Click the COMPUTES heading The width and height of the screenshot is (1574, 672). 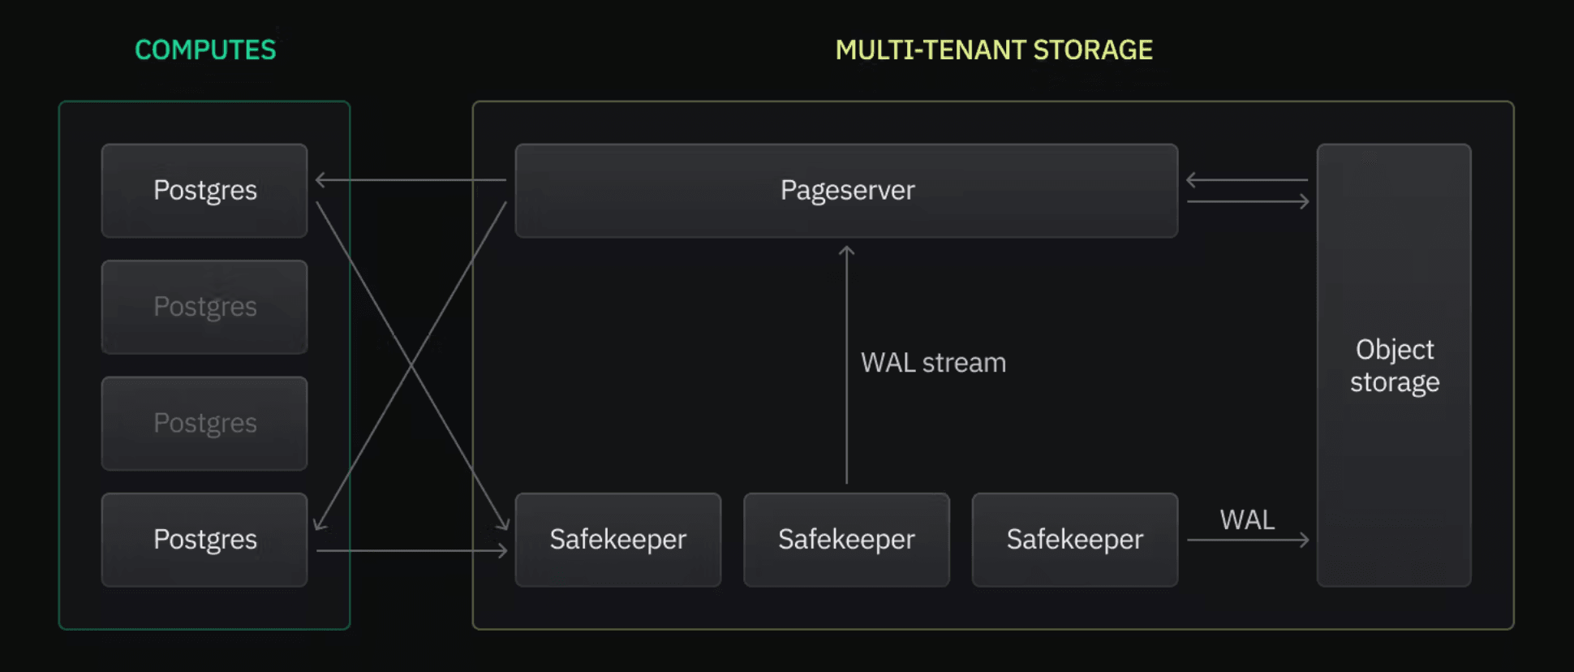pos(205,50)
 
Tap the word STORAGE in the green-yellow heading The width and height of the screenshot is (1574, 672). pos(1093,50)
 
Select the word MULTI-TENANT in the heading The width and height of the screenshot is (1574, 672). pos(931,50)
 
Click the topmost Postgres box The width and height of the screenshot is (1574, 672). pos(204,191)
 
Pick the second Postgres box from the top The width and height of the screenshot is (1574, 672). pos(204,307)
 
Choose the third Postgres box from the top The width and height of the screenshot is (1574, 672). pos(204,423)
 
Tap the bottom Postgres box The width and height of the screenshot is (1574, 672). pos(204,540)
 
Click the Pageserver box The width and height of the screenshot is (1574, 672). pos(846,191)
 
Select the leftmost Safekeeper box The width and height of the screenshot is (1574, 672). pos(617,540)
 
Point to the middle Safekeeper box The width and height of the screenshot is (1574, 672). pos(846,540)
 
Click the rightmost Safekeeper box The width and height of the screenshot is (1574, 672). pos(1074,540)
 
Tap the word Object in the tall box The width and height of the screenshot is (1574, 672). pos(1395,350)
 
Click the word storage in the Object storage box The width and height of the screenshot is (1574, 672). pos(1395,382)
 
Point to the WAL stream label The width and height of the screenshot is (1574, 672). pos(933,363)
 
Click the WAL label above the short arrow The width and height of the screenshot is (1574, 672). pos(1247,519)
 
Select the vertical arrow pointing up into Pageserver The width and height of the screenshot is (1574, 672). pos(846,365)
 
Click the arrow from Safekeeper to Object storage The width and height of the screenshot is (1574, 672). pos(1247,540)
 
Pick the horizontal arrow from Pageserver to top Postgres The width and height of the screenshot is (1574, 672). pos(411,179)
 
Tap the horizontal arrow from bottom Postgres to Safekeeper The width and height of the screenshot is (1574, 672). pos(411,550)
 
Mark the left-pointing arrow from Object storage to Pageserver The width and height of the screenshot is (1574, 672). pos(1247,179)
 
